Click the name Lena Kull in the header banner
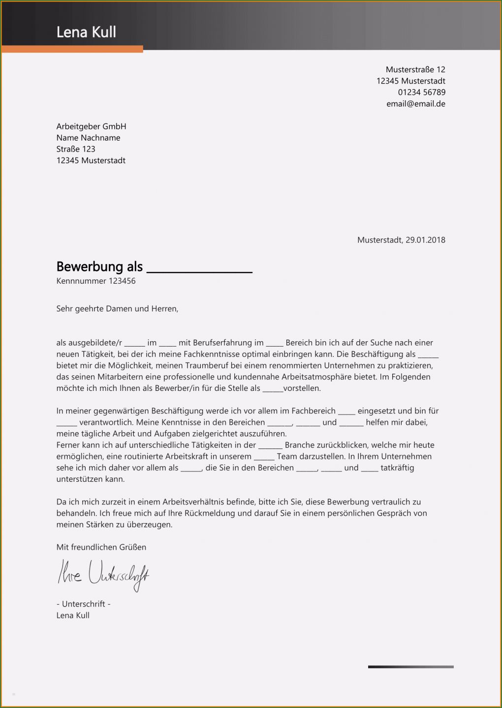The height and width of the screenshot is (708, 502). point(86,32)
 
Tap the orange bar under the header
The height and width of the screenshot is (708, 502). point(72,49)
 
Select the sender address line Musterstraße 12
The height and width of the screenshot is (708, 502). point(415,69)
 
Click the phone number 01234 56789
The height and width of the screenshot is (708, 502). point(422,92)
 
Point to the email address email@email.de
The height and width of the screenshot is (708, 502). point(416,104)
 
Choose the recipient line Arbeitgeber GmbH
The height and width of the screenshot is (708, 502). point(91,126)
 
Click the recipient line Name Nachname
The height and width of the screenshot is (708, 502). point(88,138)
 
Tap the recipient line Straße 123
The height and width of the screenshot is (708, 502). point(76,149)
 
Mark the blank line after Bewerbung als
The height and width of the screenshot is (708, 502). point(199,270)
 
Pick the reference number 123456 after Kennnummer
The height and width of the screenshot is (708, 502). point(122,281)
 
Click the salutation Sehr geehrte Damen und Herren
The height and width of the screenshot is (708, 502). point(117,309)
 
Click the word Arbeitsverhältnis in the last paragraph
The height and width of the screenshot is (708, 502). point(204,502)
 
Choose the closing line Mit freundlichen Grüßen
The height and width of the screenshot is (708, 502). point(101,547)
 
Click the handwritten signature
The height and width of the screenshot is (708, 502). point(103,574)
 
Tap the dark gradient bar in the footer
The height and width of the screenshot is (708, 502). point(410,667)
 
